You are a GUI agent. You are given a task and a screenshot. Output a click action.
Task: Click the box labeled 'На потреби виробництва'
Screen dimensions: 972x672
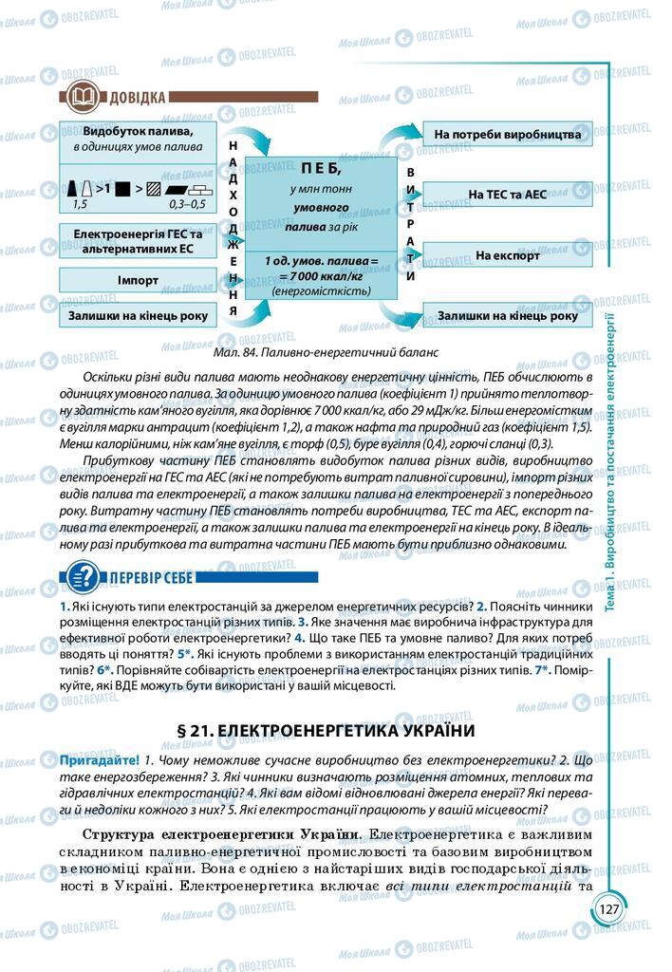(x=507, y=134)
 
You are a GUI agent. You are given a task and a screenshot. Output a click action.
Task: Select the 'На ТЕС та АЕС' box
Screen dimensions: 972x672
(x=507, y=194)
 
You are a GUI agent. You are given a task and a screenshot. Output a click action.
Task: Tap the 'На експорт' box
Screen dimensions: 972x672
(x=507, y=255)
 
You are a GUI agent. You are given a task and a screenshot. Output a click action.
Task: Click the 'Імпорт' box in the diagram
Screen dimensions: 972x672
(x=138, y=280)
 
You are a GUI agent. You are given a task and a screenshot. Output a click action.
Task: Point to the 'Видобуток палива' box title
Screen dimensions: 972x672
(x=139, y=132)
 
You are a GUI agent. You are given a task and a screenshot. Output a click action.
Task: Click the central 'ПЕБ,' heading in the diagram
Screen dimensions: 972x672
(x=319, y=167)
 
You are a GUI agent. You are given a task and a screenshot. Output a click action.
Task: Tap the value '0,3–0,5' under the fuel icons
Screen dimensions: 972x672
(x=186, y=204)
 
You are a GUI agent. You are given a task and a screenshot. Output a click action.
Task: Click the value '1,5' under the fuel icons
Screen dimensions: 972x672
(x=80, y=204)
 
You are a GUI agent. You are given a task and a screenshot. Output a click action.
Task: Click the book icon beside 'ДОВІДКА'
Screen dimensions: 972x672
(x=78, y=97)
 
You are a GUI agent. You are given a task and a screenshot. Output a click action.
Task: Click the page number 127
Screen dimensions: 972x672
(x=608, y=908)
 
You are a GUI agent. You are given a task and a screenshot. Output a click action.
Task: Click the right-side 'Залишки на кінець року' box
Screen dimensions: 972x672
(x=507, y=316)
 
